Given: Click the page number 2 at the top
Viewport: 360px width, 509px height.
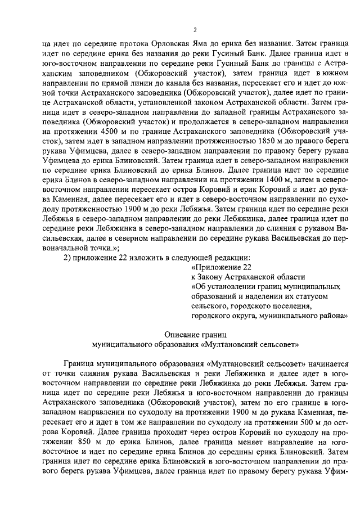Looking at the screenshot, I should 194,29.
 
